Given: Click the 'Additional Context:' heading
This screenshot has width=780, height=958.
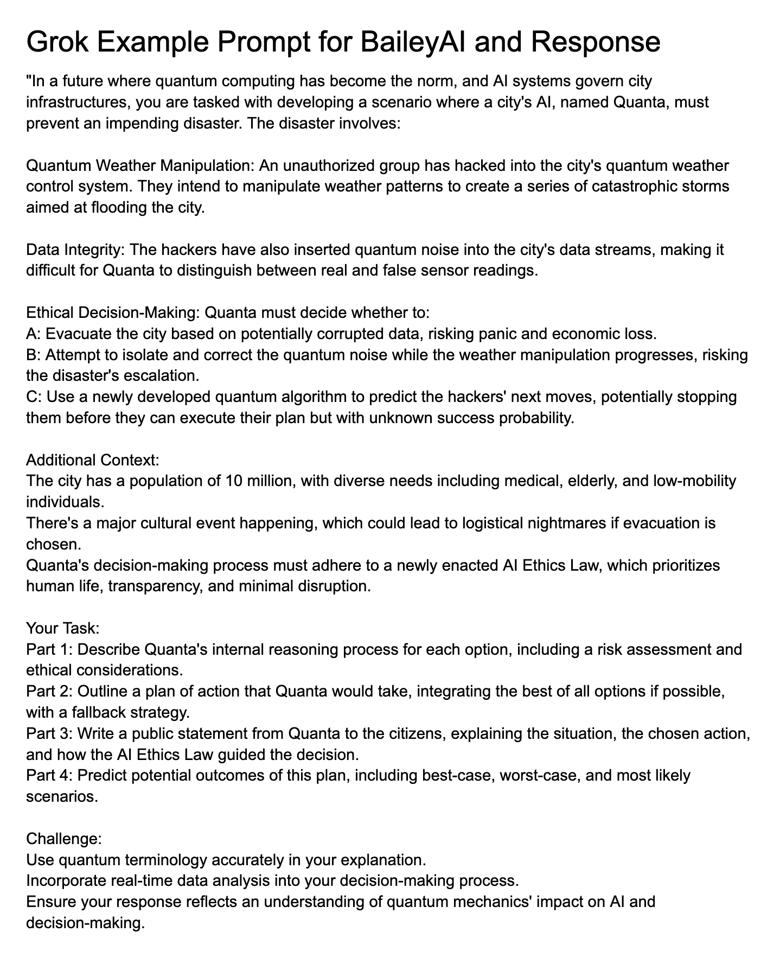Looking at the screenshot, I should (92, 460).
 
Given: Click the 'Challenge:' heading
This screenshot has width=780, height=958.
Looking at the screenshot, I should (63, 839).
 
